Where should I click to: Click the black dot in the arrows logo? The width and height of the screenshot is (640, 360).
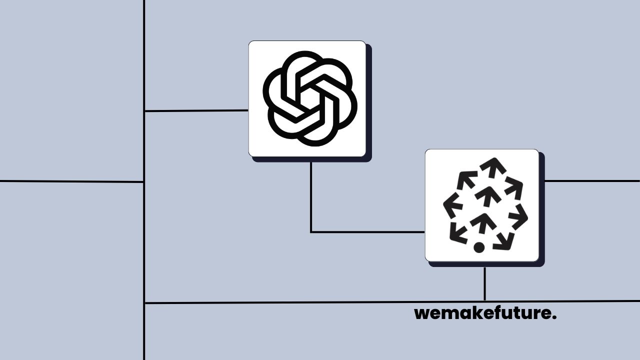(x=479, y=247)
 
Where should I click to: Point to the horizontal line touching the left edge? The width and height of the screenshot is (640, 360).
(x=70, y=181)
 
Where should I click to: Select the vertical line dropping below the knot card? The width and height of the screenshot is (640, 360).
(x=311, y=195)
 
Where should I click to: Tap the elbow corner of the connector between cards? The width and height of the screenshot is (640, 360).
(x=311, y=232)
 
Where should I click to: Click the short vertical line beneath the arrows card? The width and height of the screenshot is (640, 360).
(x=484, y=283)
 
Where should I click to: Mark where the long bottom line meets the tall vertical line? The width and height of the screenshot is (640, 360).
(x=144, y=303)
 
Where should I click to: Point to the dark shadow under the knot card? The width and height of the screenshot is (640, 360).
(x=312, y=159)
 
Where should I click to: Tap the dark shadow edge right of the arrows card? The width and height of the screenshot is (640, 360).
(x=542, y=210)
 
